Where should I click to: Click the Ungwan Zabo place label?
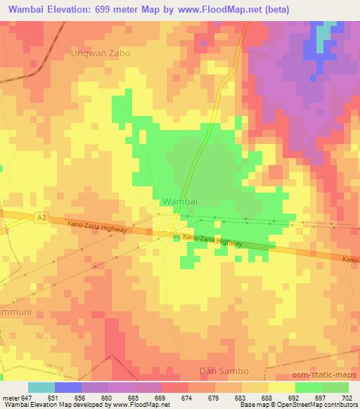coord(101,53)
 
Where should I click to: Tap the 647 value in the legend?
coord(28,397)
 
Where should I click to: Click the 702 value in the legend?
coord(345,397)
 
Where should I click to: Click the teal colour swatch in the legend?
coord(41,387)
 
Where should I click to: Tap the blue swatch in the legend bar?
coord(68,387)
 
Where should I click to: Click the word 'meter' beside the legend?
coord(10,397)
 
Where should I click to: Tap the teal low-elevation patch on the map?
coord(326,36)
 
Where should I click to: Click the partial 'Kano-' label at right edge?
coord(350,259)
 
